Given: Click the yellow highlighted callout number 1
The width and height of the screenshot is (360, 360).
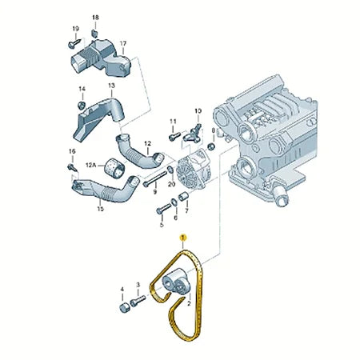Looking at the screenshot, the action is click(x=183, y=237).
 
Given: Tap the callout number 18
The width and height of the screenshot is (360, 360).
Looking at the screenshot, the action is click(x=95, y=18).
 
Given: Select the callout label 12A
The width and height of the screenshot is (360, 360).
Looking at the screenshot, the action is click(x=90, y=166).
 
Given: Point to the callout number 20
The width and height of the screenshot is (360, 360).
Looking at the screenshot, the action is click(x=171, y=184).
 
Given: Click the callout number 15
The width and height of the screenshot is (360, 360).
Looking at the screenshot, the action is click(x=100, y=209).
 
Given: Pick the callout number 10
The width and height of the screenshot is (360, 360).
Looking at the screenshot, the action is click(x=198, y=111).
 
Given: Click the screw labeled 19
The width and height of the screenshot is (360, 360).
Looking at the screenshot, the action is click(x=74, y=43).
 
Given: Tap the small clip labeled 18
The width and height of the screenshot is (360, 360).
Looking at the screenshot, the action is click(x=94, y=34).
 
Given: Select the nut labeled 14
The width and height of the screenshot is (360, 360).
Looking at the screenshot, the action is click(x=82, y=106).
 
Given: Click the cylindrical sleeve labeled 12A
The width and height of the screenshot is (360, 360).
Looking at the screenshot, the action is click(x=114, y=167).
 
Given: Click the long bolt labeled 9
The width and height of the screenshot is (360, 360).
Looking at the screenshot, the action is click(x=155, y=178).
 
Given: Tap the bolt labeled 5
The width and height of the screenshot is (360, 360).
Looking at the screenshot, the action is click(x=163, y=208).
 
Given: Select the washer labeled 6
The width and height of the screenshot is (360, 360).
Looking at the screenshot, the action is click(x=174, y=202).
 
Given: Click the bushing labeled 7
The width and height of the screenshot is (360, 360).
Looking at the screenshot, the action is click(x=183, y=196).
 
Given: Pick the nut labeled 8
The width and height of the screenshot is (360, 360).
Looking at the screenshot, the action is click(x=211, y=146).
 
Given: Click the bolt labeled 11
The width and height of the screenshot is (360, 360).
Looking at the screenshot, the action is click(x=174, y=136).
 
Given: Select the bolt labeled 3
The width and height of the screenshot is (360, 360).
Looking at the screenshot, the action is click(x=138, y=301).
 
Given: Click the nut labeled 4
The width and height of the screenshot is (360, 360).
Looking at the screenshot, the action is click(x=125, y=308).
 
